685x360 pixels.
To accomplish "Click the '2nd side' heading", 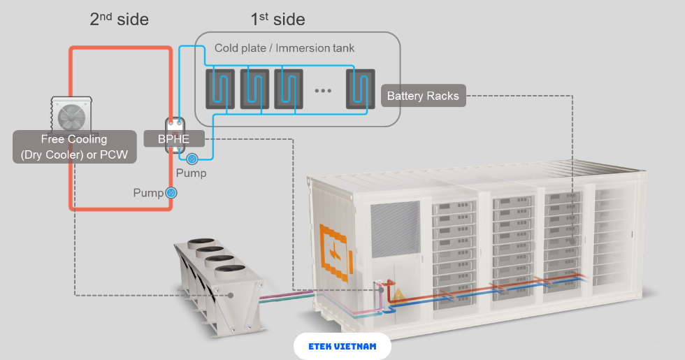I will tap(119, 19).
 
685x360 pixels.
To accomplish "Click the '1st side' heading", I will tap(277, 19).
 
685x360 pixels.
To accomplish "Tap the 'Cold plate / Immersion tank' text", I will tap(284, 48).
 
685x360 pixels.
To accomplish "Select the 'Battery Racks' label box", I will tap(423, 96).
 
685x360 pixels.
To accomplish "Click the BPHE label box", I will tap(173, 138).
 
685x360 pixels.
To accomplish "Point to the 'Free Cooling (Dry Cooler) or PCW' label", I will tap(74, 147).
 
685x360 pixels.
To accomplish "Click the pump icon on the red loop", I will tap(171, 192).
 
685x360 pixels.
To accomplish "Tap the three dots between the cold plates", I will tap(322, 90).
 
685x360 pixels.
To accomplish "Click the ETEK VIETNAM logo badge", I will tap(342, 346).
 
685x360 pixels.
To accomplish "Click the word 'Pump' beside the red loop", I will tap(148, 192).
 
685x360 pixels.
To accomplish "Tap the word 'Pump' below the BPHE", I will tap(191, 173).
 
